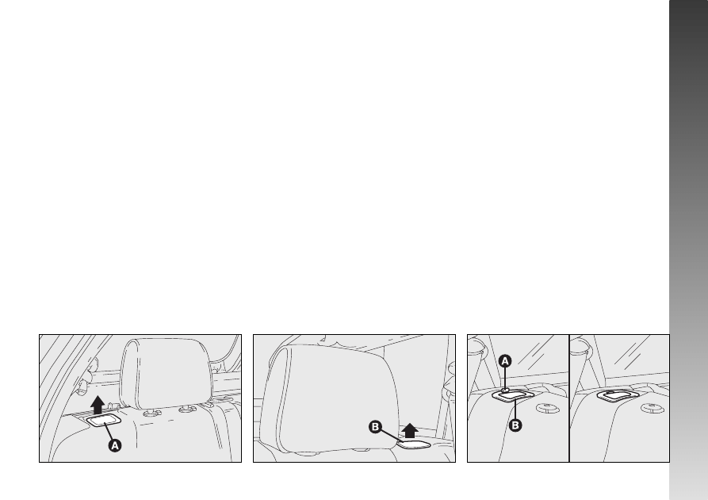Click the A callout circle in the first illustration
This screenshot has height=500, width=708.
[x=115, y=445]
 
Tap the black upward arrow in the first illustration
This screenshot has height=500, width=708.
[x=98, y=405]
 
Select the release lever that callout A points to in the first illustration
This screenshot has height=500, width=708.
[x=103, y=420]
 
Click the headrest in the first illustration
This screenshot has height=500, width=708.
[x=166, y=374]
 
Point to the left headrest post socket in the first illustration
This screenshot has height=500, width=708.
[x=151, y=413]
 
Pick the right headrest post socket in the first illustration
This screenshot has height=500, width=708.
[x=187, y=410]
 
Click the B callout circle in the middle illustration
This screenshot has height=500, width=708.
[x=375, y=427]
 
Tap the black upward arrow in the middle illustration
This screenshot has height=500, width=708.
[x=410, y=430]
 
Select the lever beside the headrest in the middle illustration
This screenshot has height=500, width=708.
[x=414, y=444]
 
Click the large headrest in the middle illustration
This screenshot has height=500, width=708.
[x=333, y=398]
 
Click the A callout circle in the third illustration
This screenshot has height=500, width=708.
[x=505, y=361]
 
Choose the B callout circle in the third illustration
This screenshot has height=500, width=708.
[x=515, y=425]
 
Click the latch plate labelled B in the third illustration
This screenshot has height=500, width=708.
[x=513, y=395]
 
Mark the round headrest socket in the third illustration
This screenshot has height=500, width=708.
[x=548, y=408]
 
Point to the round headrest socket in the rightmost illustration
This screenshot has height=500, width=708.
[x=653, y=408]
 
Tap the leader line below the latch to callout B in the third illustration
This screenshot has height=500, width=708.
[x=515, y=410]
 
